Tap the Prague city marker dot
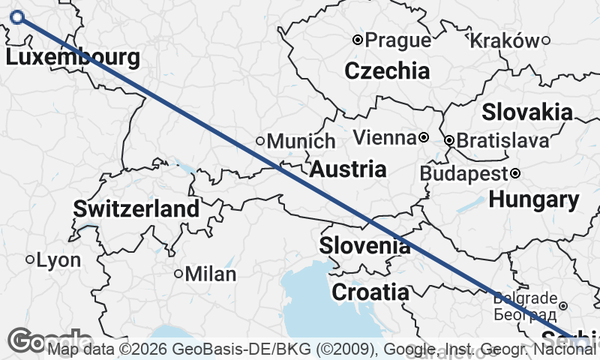click(x=358, y=40)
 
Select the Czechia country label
click(x=387, y=71)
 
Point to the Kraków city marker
click(x=546, y=40)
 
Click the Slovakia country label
click(x=527, y=112)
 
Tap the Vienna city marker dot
click(x=424, y=138)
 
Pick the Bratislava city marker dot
click(x=449, y=140)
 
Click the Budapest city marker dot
click(x=516, y=174)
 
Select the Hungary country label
click(x=533, y=200)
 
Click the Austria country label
click(x=348, y=169)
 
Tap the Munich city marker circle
click(x=260, y=141)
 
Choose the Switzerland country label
click(x=136, y=208)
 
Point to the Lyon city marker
click(x=31, y=260)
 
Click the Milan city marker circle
click(x=178, y=274)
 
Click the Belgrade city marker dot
click(x=563, y=305)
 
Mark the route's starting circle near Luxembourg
click(x=18, y=17)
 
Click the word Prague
click(x=398, y=40)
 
